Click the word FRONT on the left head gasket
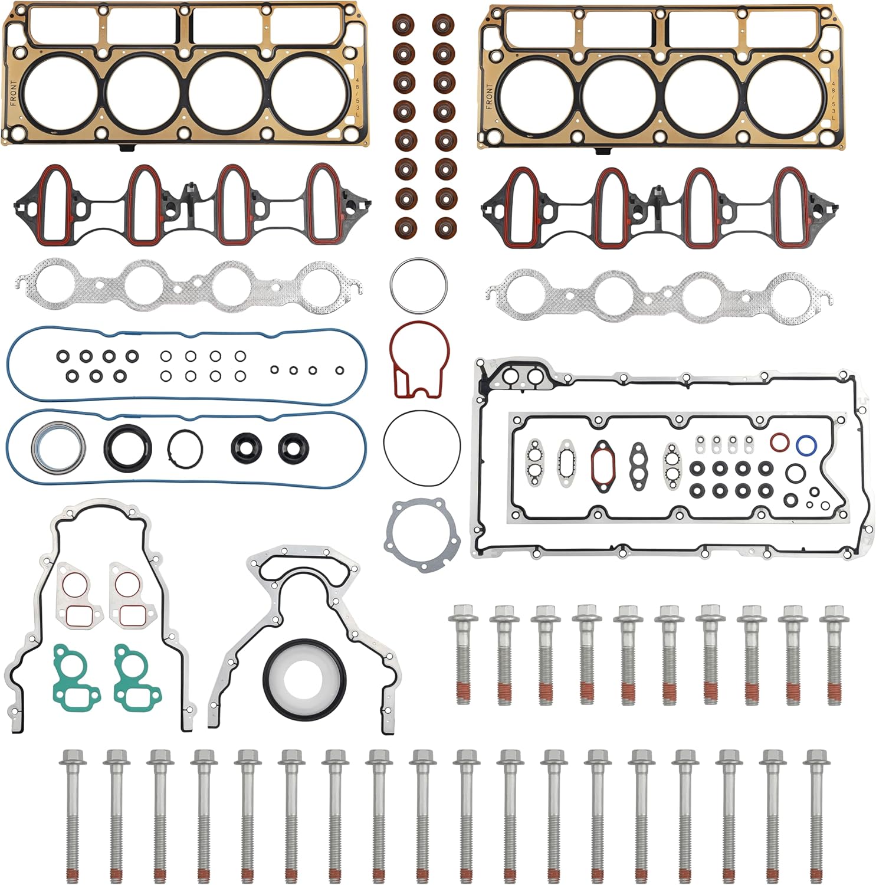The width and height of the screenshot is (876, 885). (x=14, y=93)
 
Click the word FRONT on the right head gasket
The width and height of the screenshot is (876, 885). (x=489, y=96)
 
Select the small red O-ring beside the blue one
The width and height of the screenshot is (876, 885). (x=779, y=441)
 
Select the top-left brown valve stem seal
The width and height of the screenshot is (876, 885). (x=404, y=25)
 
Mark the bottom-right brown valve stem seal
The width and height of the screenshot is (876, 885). (x=445, y=227)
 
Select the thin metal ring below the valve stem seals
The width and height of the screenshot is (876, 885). (x=418, y=286)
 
